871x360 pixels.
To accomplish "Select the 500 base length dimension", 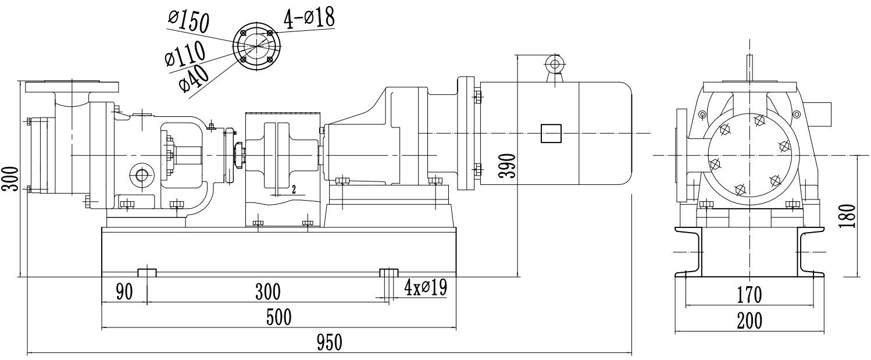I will tap(279, 318).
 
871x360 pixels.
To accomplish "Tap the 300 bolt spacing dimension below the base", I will tap(267, 291).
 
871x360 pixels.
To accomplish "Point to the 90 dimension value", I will tap(124, 291).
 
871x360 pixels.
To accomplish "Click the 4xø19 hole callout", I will tap(426, 287).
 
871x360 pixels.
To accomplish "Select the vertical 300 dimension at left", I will tap(10, 180).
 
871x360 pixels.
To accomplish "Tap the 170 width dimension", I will tap(749, 295).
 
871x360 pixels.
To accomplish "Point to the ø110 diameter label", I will tap(185, 54).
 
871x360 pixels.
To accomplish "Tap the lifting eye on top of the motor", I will tap(554, 64).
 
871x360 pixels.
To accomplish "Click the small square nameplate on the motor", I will tap(551, 133).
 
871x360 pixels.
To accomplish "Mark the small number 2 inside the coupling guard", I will tap(294, 190).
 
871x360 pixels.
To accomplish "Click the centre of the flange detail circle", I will tap(256, 47).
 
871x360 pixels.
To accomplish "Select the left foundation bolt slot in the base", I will tap(147, 272).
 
